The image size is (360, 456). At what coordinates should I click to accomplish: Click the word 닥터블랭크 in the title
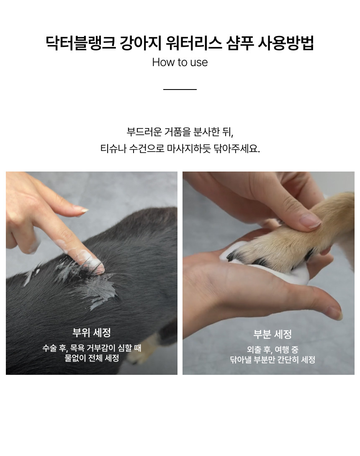pos(81,44)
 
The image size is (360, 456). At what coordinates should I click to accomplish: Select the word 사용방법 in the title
pos(285,44)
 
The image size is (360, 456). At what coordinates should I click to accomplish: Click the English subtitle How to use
pos(180,62)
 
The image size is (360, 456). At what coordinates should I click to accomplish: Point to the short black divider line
pos(180,89)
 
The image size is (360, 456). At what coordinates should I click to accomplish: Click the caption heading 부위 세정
pos(92,333)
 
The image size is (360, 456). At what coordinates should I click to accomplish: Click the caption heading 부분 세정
pos(273,334)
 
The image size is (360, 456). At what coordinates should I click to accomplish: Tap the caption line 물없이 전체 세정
pos(92,358)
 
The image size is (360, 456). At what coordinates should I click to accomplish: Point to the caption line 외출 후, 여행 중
pos(273,349)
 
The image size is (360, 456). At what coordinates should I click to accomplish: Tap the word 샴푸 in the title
pos(240,44)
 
